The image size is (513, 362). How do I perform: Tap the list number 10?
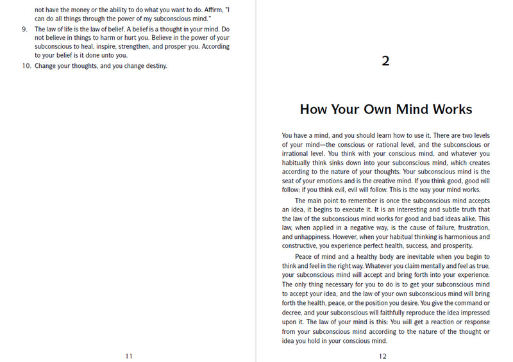(x=25, y=65)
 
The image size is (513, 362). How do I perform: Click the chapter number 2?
(x=385, y=61)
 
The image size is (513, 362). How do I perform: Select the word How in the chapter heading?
(x=315, y=109)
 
